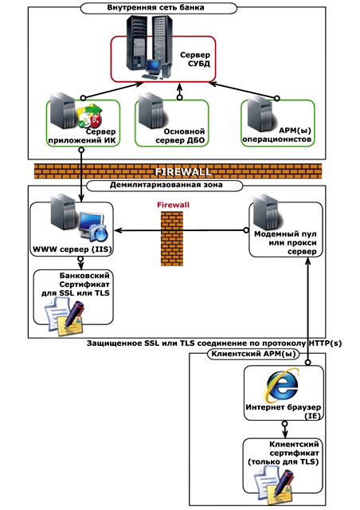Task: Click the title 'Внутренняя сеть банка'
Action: (155, 7)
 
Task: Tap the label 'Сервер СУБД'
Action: (195, 59)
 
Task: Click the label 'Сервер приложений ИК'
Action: (82, 136)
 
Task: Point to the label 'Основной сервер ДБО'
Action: (180, 136)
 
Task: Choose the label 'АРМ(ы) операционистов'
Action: (277, 135)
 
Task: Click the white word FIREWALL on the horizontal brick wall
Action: (182, 172)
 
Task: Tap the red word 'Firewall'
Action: (173, 205)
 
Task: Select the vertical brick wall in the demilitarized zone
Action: (172, 238)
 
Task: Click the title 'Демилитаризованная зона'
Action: (166, 185)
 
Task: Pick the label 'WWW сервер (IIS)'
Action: (72, 249)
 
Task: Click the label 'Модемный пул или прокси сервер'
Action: (285, 242)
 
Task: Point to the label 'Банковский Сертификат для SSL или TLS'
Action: (76, 284)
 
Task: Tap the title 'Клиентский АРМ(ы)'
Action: (253, 354)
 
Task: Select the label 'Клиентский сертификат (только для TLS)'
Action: (283, 453)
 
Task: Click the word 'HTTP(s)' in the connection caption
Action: (324, 343)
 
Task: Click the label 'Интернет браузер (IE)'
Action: (284, 411)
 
